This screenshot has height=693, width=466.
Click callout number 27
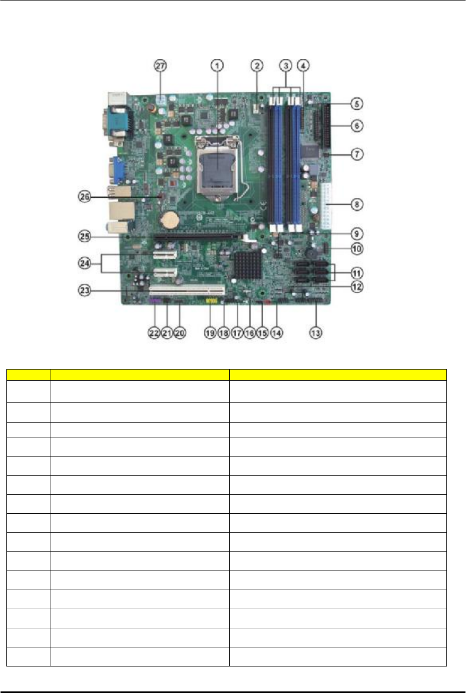point(160,66)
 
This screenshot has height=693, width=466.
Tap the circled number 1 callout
point(216,66)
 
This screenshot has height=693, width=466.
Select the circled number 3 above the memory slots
point(286,66)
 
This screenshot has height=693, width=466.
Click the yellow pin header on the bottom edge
point(211,301)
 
